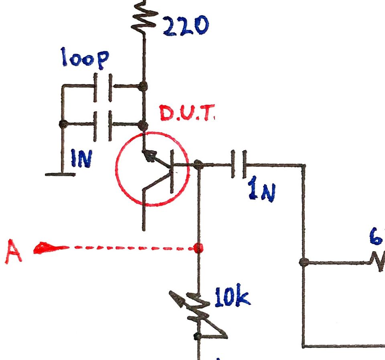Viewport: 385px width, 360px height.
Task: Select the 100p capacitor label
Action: (84, 58)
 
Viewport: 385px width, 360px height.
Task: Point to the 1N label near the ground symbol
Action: (81, 159)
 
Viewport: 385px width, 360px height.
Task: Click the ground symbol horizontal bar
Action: (60, 175)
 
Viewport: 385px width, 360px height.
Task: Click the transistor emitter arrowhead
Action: (150, 156)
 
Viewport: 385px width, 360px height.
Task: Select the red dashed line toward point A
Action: (128, 248)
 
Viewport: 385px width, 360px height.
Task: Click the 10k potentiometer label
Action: (233, 298)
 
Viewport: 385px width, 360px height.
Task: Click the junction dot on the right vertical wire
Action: (304, 262)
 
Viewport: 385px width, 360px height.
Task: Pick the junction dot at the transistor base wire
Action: (198, 165)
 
